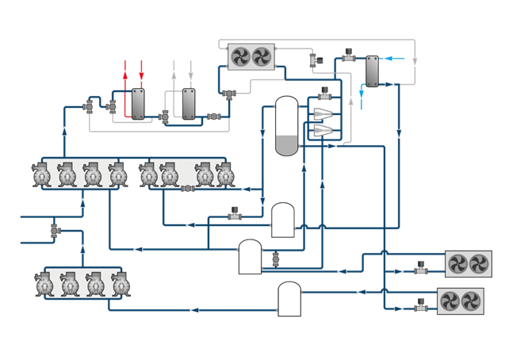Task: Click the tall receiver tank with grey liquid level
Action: [x=285, y=126]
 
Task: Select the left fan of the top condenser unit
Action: [x=241, y=56]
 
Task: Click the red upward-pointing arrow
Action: [x=125, y=75]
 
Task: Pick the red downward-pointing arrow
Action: [x=141, y=75]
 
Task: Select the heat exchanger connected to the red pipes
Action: [x=138, y=104]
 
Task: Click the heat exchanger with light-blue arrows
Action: [x=371, y=71]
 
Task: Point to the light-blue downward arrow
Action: [x=362, y=94]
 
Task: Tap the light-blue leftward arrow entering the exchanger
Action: [x=388, y=58]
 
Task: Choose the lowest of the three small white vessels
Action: [x=289, y=299]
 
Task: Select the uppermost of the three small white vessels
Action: [x=283, y=220]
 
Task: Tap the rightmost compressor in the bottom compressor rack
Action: [x=121, y=285]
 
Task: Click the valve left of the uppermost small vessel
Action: [x=235, y=213]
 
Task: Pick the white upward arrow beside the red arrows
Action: [x=174, y=75]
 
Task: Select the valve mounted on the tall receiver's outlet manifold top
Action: [x=323, y=94]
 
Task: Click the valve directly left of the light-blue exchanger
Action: [x=348, y=56]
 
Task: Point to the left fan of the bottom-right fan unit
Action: [x=450, y=301]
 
